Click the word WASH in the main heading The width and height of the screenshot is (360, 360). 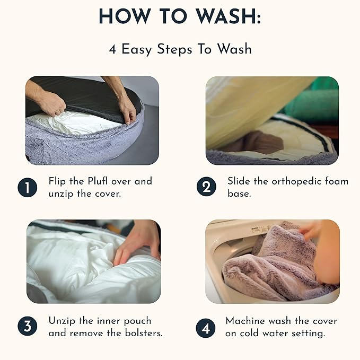pos(227,16)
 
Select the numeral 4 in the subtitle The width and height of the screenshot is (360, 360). pos(112,49)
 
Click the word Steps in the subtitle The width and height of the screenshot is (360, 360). pos(174,49)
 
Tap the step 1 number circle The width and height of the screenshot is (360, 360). pos(28,187)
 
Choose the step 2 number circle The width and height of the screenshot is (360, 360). pos(206,187)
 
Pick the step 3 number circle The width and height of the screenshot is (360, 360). pos(28,326)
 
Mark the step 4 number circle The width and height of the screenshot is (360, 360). pos(206,328)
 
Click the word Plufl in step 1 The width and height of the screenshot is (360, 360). pos(98,181)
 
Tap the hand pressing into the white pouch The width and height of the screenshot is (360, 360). pos(138,243)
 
